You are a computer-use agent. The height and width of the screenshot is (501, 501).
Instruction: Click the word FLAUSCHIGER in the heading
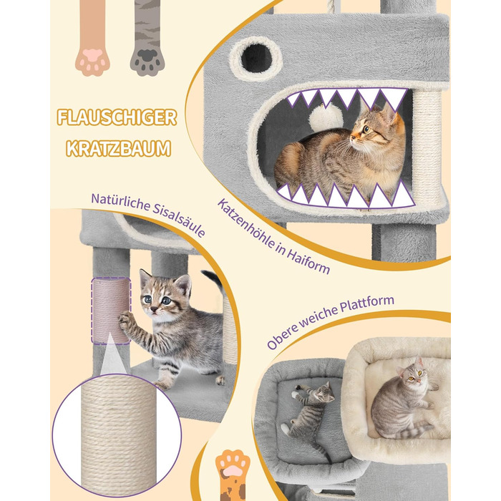117,117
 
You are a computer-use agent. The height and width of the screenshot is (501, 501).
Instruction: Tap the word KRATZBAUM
119,149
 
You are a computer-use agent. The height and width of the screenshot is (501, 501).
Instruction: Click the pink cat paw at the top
92,39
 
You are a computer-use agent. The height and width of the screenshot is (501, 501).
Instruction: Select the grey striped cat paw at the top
147,39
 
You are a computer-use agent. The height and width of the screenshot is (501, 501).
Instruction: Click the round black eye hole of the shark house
256,58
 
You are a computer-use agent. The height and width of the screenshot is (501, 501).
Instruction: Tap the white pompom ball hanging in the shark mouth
326,117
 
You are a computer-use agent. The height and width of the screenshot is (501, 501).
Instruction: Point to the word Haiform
308,261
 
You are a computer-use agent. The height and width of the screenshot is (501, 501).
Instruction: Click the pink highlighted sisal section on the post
111,311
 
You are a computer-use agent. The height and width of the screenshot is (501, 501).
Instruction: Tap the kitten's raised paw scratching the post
125,320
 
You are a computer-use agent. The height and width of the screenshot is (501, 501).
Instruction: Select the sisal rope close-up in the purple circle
117,434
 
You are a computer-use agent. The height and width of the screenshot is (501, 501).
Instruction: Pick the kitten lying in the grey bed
311,415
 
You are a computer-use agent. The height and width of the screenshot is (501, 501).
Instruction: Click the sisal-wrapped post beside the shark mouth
427,147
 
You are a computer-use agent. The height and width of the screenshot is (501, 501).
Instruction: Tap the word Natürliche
120,203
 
